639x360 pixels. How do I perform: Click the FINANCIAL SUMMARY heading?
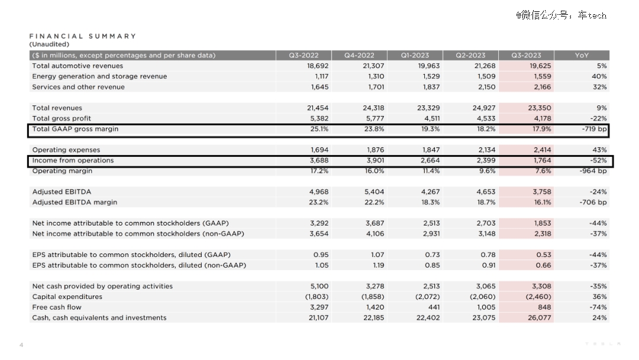coord(83,36)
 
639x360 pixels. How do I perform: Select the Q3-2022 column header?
coord(304,55)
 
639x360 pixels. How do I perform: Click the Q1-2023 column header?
coord(415,55)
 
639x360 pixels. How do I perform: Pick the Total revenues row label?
coord(57,108)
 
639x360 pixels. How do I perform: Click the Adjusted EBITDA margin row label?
coord(75,202)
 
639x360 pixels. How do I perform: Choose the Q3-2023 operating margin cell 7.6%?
coord(543,171)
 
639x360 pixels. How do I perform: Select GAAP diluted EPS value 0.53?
coord(544,255)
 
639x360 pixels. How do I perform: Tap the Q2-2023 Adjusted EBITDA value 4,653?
coord(486,192)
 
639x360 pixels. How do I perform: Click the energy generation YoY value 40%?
coord(599,76)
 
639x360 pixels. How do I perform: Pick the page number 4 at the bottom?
coord(21,345)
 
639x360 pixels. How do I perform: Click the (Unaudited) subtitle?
coord(49,44)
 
